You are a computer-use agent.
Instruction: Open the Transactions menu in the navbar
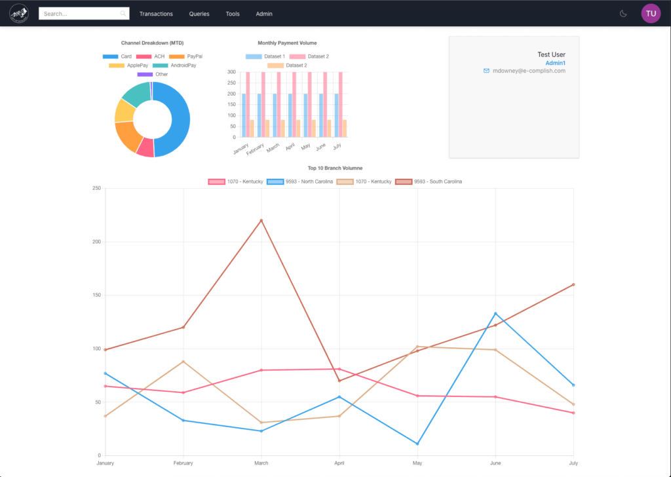pyautogui.click(x=156, y=14)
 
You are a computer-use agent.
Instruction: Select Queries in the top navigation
pyautogui.click(x=199, y=14)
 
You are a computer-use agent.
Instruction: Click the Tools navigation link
pyautogui.click(x=233, y=14)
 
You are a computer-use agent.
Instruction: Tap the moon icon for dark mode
pyautogui.click(x=623, y=14)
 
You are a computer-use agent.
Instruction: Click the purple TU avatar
pyautogui.click(x=651, y=14)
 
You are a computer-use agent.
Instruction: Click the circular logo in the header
pyautogui.click(x=19, y=14)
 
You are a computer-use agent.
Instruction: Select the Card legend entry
pyautogui.click(x=118, y=56)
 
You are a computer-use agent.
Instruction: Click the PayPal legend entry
pyautogui.click(x=186, y=56)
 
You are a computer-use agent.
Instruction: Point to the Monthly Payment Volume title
pyautogui.click(x=287, y=43)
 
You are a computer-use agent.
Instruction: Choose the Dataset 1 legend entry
pyautogui.click(x=265, y=56)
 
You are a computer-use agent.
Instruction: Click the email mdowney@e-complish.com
pyautogui.click(x=528, y=71)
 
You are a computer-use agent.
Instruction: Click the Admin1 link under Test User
pyautogui.click(x=555, y=63)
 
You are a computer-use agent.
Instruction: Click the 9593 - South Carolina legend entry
pyautogui.click(x=429, y=181)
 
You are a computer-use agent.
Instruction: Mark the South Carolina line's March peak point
pyautogui.click(x=261, y=220)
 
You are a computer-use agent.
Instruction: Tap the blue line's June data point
pyautogui.click(x=495, y=313)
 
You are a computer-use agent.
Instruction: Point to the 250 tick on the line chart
pyautogui.click(x=96, y=189)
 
